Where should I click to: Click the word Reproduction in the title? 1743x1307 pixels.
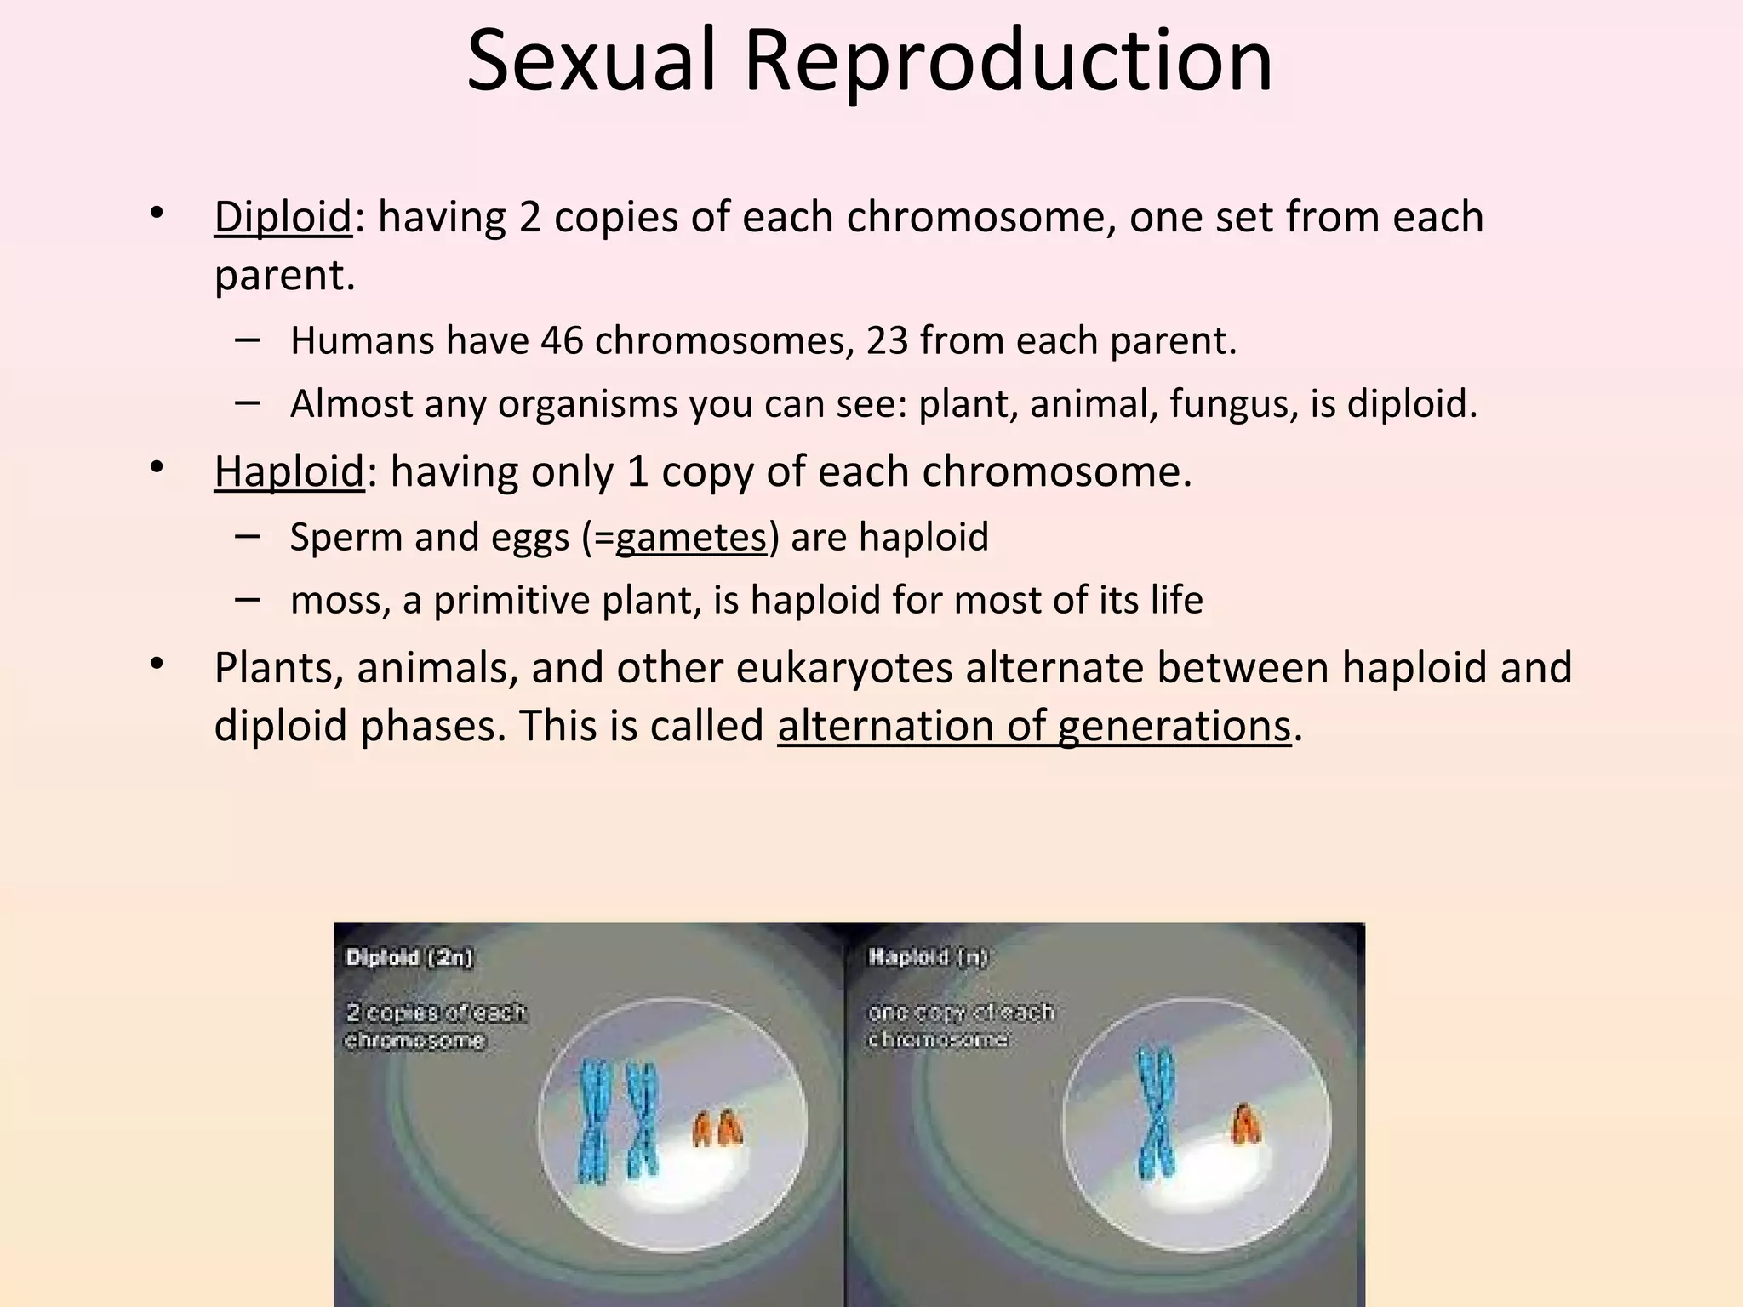click(1008, 61)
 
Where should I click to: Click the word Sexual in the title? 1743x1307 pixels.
click(591, 61)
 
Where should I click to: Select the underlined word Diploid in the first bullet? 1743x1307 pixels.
click(283, 217)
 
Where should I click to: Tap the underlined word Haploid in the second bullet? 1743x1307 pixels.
click(289, 471)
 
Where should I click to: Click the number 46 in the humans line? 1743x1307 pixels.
click(561, 340)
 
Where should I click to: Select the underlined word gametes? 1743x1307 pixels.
click(691, 537)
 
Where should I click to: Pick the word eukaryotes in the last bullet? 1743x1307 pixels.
click(843, 667)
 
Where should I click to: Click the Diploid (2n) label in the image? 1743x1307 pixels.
click(409, 957)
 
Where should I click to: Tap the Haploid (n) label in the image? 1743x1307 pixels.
click(928, 957)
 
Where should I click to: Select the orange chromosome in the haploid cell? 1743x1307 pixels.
click(1246, 1124)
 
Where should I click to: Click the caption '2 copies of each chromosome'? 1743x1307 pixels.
click(434, 1026)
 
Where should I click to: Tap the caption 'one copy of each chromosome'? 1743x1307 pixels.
click(960, 1025)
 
